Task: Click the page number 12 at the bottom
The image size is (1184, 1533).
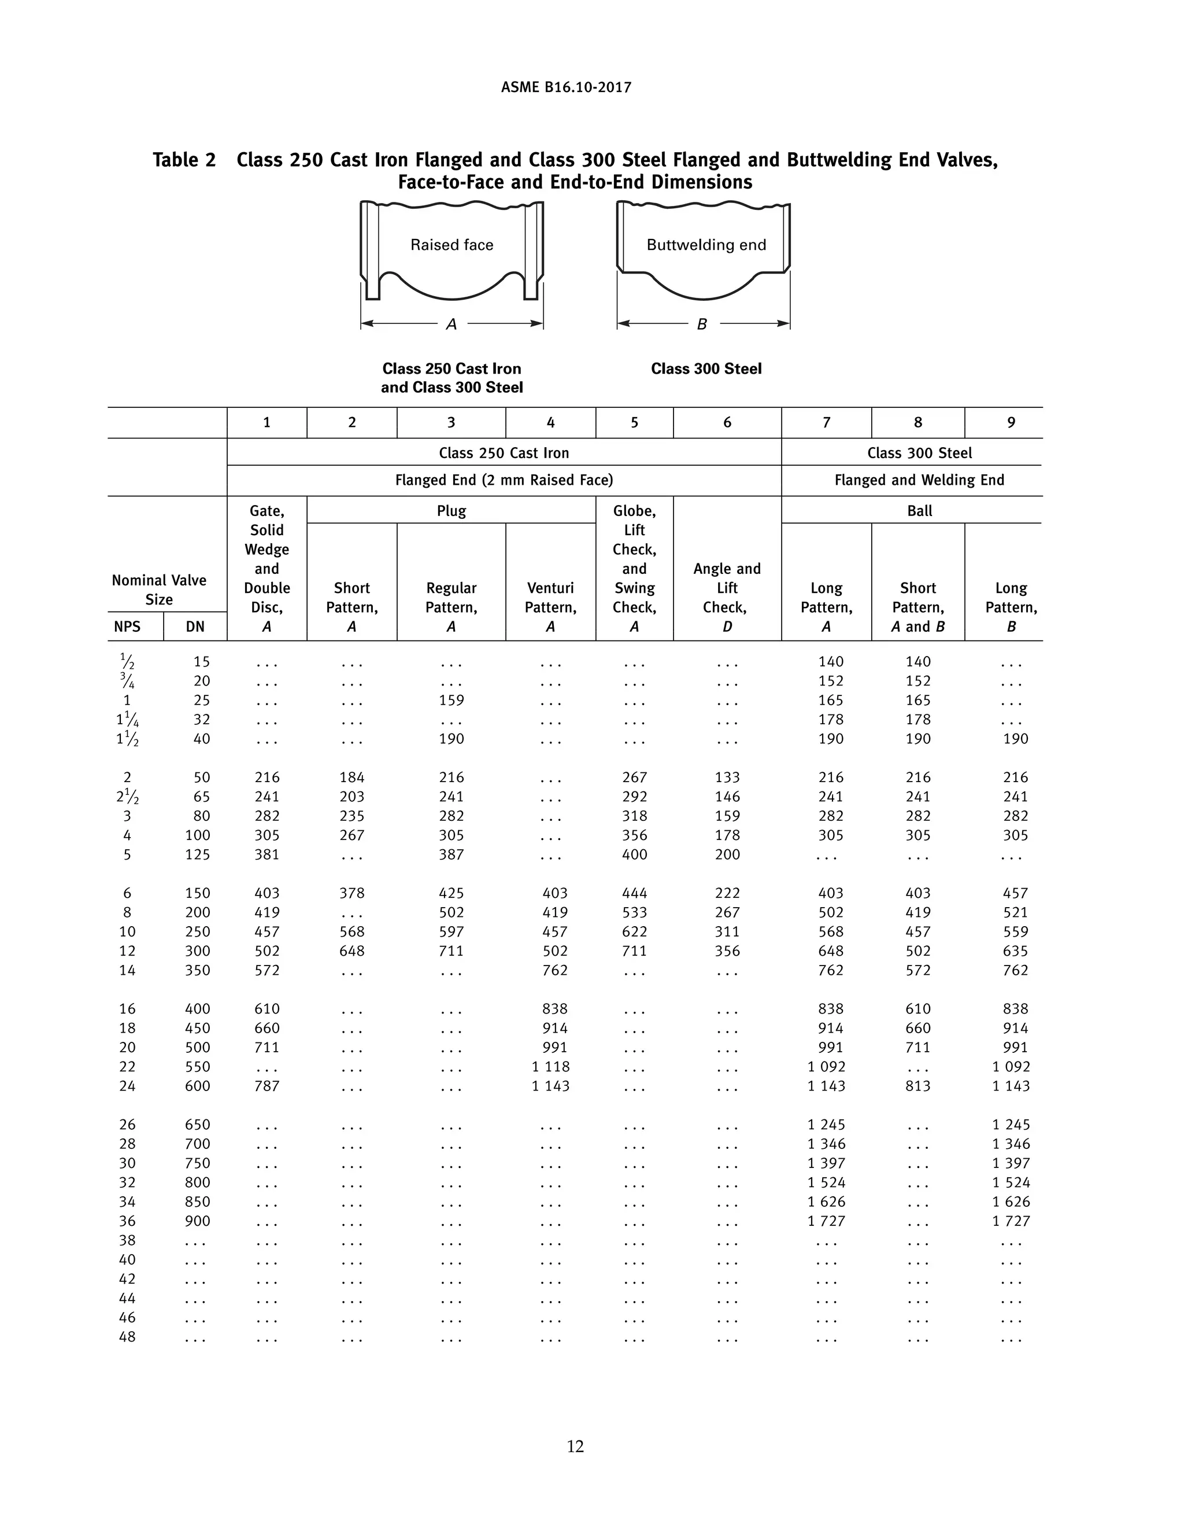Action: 575,1446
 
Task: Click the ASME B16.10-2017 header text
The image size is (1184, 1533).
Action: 566,88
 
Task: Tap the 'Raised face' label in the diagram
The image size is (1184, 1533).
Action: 452,245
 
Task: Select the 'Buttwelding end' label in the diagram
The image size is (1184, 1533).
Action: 706,245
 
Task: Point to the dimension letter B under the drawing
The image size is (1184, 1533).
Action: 701,325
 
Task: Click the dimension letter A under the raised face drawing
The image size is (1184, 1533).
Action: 452,325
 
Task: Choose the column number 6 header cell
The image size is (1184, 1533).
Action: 727,422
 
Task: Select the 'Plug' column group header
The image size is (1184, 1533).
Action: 451,511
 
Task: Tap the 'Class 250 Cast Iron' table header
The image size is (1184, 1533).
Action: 504,453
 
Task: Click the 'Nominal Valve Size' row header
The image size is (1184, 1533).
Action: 159,589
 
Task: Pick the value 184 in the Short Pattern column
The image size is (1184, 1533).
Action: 351,777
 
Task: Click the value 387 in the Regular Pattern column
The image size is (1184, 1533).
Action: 451,855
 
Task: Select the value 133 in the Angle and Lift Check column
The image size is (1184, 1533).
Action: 727,777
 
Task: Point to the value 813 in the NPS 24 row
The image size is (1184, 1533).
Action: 917,1086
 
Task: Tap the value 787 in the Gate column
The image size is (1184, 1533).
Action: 267,1086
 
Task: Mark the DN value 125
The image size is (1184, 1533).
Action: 197,855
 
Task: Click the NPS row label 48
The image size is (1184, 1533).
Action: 127,1337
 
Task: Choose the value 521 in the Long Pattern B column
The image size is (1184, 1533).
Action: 1015,912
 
